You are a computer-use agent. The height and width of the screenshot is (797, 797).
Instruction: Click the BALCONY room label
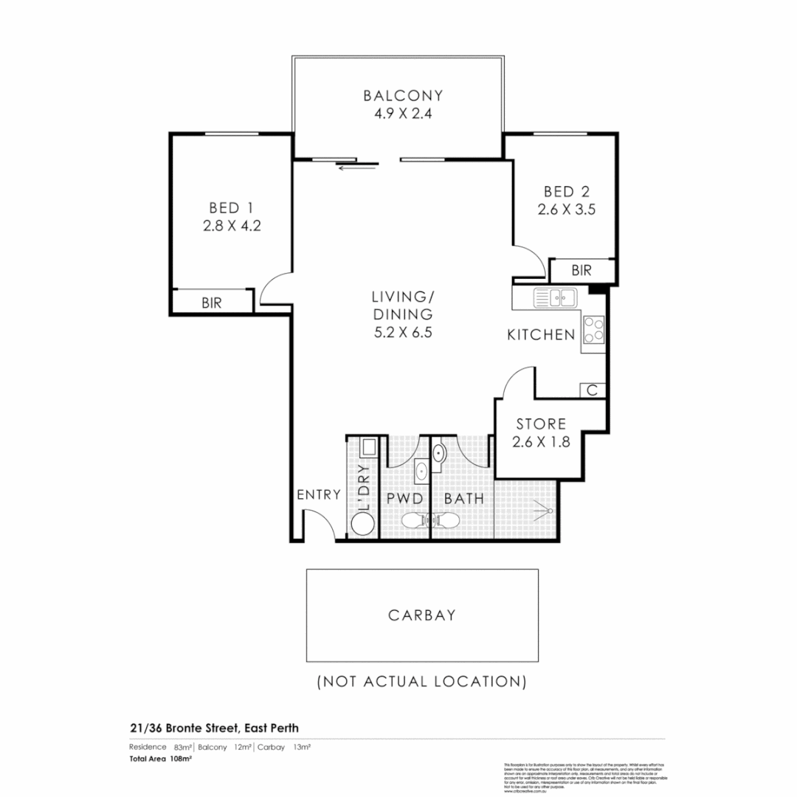coord(403,95)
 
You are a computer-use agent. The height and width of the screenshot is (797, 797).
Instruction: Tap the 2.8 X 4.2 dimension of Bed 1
coord(232,226)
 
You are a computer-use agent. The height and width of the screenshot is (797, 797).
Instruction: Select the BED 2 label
coord(566,191)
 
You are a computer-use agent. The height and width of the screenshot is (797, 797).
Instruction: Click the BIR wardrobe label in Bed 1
coord(212,303)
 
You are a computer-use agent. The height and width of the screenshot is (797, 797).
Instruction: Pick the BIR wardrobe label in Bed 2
coord(582,271)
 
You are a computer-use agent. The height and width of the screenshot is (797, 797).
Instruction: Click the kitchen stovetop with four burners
coord(593,329)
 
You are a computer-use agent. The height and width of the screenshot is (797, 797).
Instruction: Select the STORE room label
coord(541,424)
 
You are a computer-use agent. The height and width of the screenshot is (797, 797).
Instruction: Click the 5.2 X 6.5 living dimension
coord(402,332)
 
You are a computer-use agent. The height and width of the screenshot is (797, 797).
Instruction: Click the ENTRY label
coord(319,494)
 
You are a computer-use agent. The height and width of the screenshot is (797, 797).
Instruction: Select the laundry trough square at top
coord(367,447)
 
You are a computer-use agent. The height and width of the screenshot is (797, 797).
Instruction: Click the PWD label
coord(404,499)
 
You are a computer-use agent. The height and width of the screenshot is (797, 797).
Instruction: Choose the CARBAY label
coord(422,615)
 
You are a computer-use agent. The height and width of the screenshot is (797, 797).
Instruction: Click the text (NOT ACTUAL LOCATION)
coord(421,680)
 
